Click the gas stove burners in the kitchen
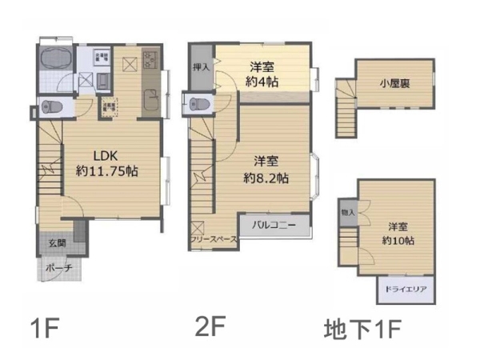click(150, 58)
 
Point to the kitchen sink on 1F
click(149, 101)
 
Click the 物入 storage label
click(347, 213)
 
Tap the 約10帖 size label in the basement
click(398, 240)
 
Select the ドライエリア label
click(406, 289)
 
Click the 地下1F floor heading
click(362, 328)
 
